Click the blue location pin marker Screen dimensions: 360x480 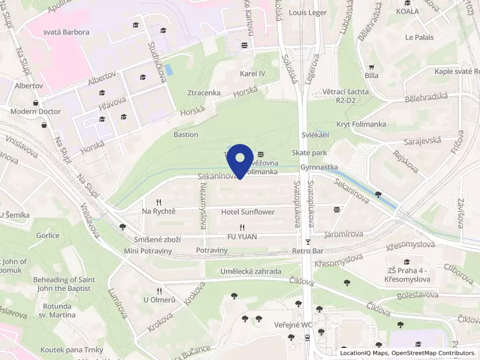point(241,160)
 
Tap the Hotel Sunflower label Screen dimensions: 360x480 point(248,212)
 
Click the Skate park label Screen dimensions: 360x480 point(309,153)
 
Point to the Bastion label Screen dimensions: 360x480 point(185,134)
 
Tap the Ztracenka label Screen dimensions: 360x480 point(204,93)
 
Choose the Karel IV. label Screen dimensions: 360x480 point(253,73)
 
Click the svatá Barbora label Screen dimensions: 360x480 point(67,32)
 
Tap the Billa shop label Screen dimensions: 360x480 point(371,76)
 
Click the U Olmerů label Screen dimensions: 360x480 point(159,299)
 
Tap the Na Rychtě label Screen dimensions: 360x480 point(158,211)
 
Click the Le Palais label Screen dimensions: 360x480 point(419,37)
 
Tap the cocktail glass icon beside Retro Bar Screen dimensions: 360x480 point(308,242)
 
